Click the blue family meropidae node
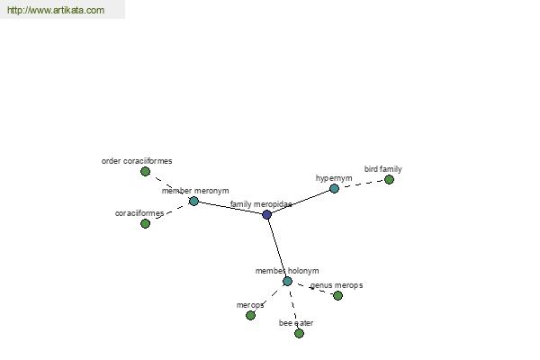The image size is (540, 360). click(267, 214)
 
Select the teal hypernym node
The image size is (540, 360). click(334, 188)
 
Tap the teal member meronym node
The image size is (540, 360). click(193, 201)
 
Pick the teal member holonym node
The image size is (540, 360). click(288, 281)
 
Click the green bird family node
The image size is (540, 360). click(389, 179)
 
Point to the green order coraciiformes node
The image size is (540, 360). click(145, 171)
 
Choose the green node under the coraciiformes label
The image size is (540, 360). click(145, 223)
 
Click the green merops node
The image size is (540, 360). click(251, 315)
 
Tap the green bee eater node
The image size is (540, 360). click(299, 333)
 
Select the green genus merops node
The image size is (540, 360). click(337, 295)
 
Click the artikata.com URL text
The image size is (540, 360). click(56, 10)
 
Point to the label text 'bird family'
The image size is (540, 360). click(383, 169)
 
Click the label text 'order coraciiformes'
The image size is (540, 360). click(137, 161)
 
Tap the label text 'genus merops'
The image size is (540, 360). click(337, 285)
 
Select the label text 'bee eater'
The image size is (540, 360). click(296, 323)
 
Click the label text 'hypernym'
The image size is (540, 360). click(334, 178)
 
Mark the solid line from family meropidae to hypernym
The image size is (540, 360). click(301, 202)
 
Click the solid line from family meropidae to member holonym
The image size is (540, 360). click(277, 248)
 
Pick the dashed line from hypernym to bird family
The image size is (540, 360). click(362, 184)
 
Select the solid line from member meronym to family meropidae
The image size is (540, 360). click(230, 208)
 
